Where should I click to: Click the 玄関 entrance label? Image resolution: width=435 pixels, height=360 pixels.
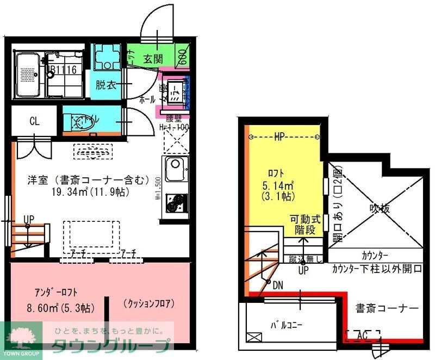point(153,59)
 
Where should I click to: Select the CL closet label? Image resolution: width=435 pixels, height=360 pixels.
point(34,121)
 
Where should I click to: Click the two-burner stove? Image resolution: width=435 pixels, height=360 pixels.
point(175,203)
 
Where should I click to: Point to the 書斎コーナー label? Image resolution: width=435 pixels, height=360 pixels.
point(387,308)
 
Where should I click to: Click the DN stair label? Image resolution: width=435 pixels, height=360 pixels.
point(278,285)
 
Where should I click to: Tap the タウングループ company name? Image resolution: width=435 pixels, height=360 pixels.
point(111,346)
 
